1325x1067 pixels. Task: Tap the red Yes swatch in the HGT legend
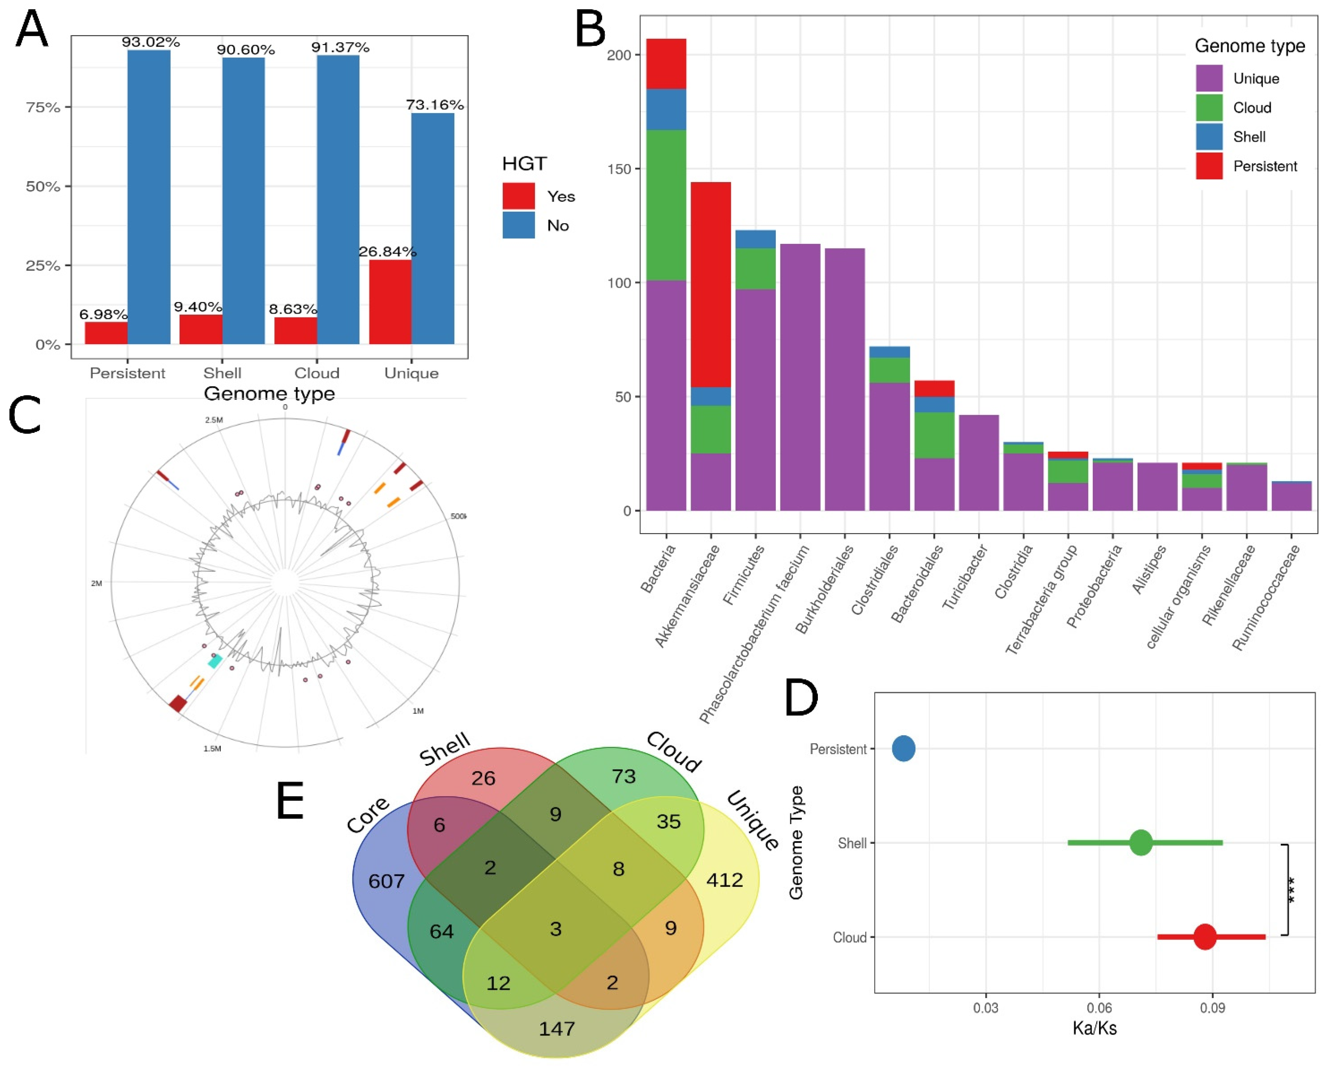[518, 196]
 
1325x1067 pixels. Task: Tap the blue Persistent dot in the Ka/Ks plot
[903, 748]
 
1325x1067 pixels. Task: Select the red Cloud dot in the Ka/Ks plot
[1204, 937]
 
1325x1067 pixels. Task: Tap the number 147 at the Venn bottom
[557, 1028]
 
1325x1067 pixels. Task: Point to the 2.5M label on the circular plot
[214, 420]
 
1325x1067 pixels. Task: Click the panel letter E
[290, 801]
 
